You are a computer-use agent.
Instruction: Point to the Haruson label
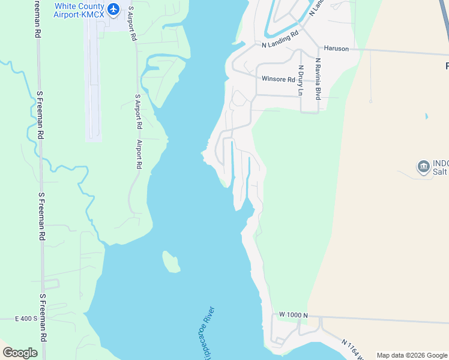tap(336, 48)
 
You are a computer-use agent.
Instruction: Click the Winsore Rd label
tap(278, 79)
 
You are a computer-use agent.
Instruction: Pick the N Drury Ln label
tap(301, 80)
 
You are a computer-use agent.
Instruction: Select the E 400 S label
tap(26, 318)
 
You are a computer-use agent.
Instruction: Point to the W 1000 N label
tap(293, 315)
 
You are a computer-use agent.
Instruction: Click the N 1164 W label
tap(354, 350)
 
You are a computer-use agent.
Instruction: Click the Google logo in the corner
tap(20, 353)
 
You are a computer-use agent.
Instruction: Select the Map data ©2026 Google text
tap(412, 355)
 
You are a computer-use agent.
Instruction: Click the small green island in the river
tap(171, 262)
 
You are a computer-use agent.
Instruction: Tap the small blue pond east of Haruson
tap(426, 116)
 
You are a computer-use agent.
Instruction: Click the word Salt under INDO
tap(440, 172)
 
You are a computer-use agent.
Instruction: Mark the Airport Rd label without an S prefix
tap(139, 154)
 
